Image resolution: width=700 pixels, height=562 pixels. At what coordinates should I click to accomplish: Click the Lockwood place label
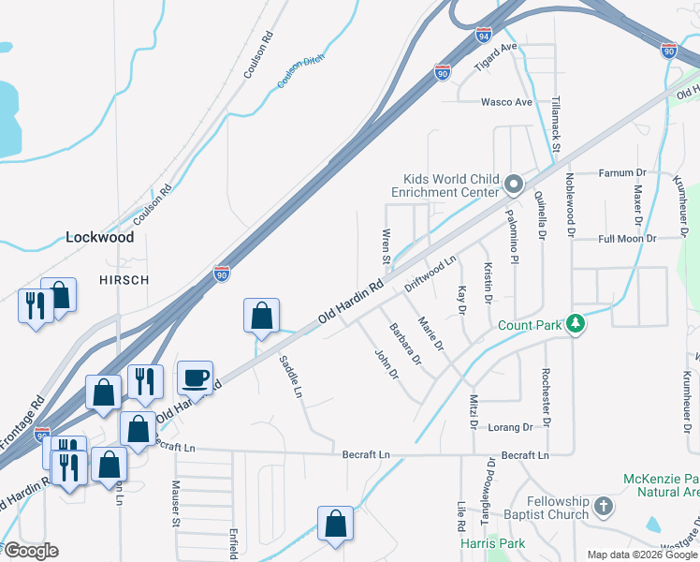point(99,237)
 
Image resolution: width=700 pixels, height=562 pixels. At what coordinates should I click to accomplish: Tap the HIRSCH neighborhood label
point(124,279)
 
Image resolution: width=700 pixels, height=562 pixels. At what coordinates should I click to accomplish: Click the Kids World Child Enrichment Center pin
point(513,185)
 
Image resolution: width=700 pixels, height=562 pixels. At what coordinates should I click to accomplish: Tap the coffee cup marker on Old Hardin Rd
point(195,377)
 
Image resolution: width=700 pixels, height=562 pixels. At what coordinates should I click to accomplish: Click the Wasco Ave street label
point(506,102)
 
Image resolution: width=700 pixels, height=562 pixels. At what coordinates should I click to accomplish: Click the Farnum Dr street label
point(622,173)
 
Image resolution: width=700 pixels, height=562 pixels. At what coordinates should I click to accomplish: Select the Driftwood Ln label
point(429,272)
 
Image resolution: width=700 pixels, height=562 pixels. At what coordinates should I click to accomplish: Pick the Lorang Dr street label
point(509,427)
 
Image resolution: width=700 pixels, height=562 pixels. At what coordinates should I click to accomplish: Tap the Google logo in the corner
point(31,551)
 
